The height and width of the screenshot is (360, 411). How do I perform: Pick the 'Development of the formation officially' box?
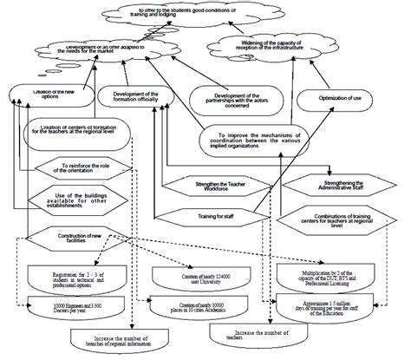(x=135, y=95)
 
